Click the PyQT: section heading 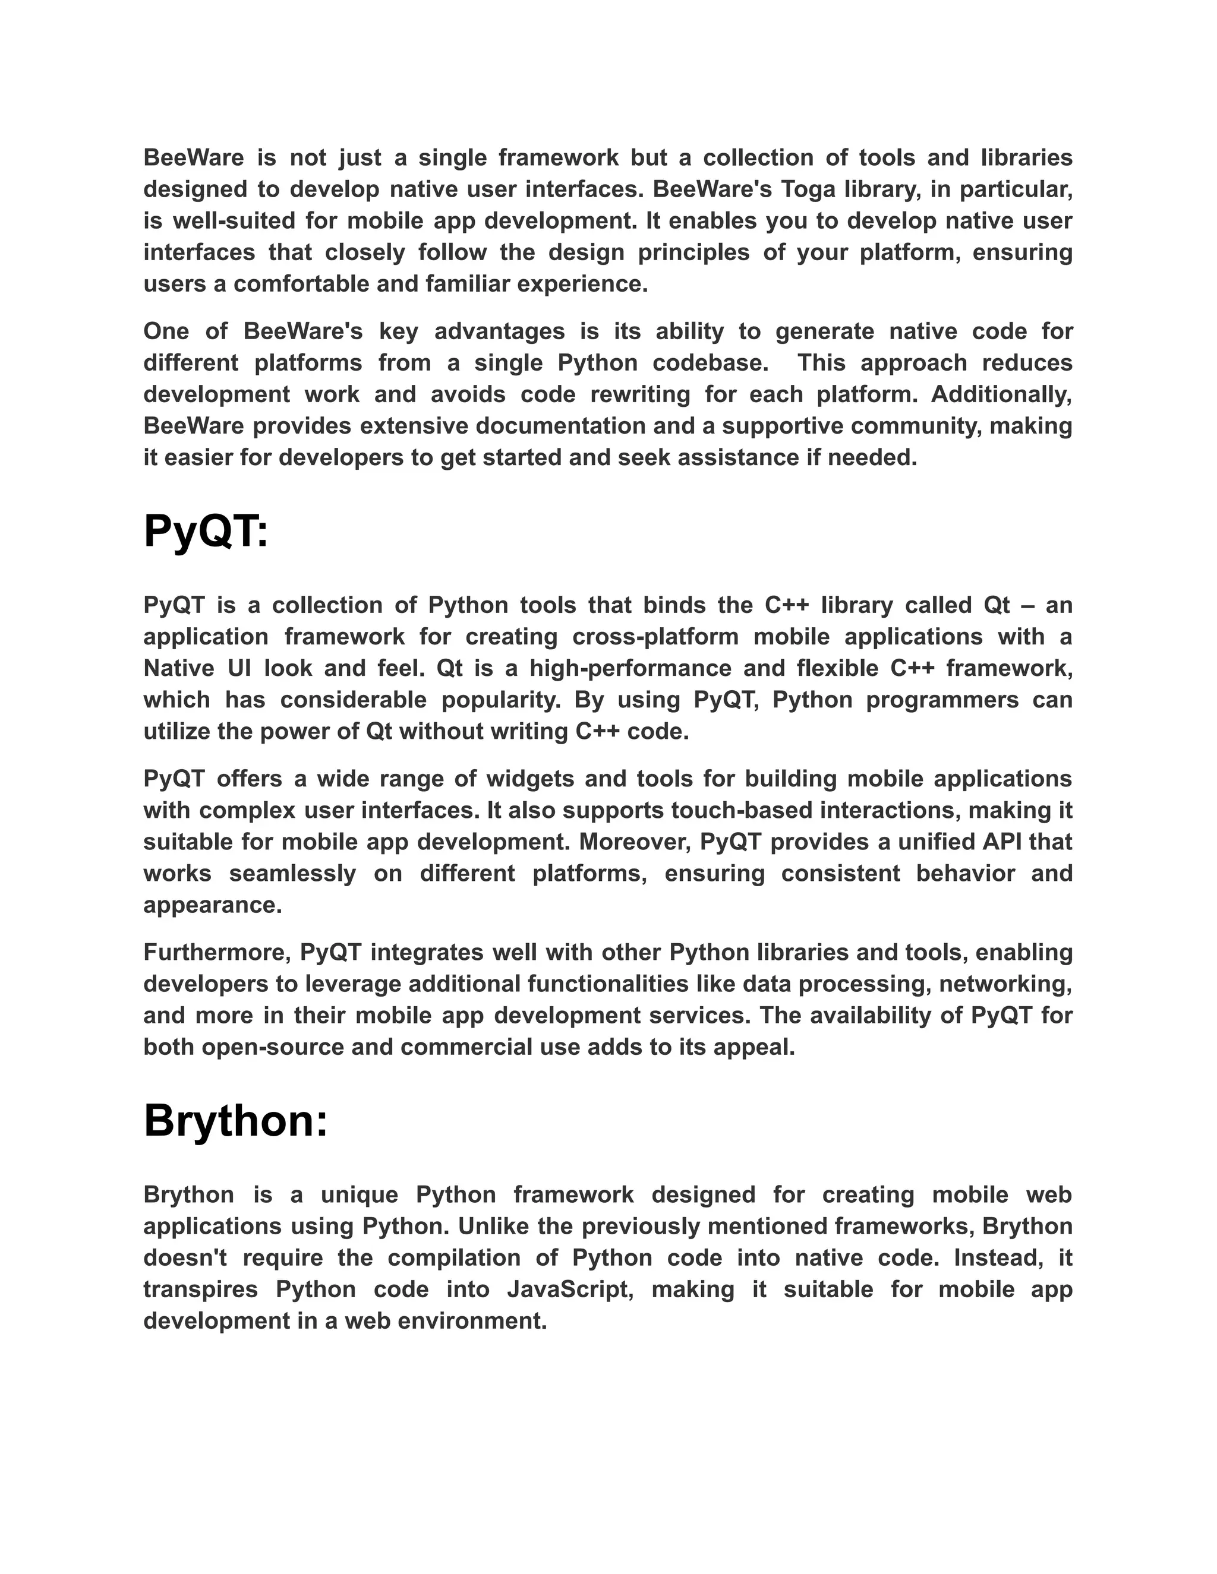[206, 533]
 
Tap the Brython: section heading [235, 1121]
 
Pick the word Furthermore [216, 952]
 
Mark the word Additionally [1001, 394]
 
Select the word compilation [453, 1257]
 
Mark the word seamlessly [293, 874]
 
